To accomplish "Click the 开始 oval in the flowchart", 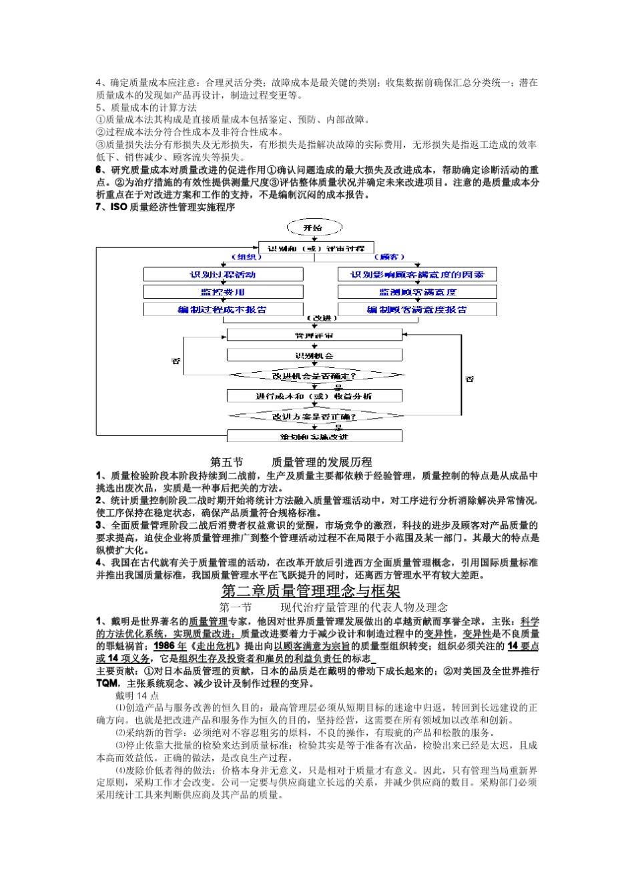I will click(x=312, y=228).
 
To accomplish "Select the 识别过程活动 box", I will click(x=223, y=275).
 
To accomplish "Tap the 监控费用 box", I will click(x=223, y=292).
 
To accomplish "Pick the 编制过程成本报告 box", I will click(x=223, y=309).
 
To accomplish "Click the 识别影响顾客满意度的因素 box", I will click(x=417, y=275).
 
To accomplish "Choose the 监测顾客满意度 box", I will click(x=417, y=292).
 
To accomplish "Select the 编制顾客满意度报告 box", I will click(x=417, y=309).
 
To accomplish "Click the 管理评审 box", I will click(x=314, y=335).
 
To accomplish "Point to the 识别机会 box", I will click(x=314, y=355).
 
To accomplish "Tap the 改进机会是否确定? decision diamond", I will click(x=315, y=376).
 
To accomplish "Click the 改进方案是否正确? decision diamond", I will click(x=315, y=417).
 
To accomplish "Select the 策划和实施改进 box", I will click(x=314, y=437).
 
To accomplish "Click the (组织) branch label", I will click(x=246, y=257).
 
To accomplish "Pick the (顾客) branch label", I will click(x=388, y=257).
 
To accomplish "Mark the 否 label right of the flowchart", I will click(x=470, y=379).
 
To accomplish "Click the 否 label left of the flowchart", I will click(x=176, y=361).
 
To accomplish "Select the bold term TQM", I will click(x=107, y=683).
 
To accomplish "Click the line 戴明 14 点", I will click(x=137, y=695).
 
